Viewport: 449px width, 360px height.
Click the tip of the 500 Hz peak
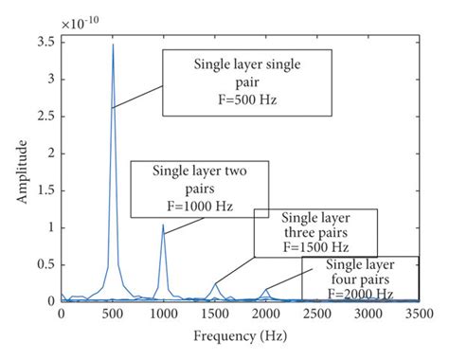coord(113,45)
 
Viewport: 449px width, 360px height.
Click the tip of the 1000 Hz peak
coord(163,225)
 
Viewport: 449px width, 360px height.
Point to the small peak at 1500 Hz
coord(215,283)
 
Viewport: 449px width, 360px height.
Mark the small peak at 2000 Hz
coord(267,290)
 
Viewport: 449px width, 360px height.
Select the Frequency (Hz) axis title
coord(242,336)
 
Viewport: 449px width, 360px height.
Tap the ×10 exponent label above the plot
coord(80,20)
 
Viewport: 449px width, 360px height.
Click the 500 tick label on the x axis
coord(113,313)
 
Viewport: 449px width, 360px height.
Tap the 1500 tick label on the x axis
coord(215,313)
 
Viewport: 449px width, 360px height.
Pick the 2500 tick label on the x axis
coord(318,313)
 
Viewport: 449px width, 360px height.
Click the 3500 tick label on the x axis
coord(421,313)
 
